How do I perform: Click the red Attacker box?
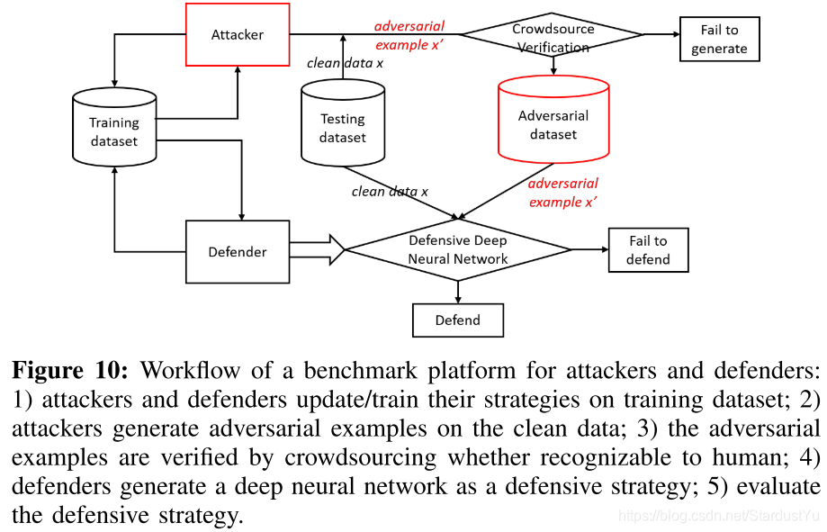pos(238,35)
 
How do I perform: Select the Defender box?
pos(238,252)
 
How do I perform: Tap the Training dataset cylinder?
pos(113,131)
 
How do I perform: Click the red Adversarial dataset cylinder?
pos(553,125)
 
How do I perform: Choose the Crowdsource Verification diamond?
pos(553,36)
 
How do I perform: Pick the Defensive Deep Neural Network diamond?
pos(458,249)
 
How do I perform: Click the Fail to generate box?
pos(719,40)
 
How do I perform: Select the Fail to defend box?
pos(648,249)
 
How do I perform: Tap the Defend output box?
pos(458,320)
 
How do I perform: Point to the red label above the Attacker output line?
pos(409,35)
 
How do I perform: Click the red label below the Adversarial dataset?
pos(562,193)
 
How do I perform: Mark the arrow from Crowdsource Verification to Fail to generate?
pos(661,35)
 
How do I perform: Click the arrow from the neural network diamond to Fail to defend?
pos(589,249)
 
